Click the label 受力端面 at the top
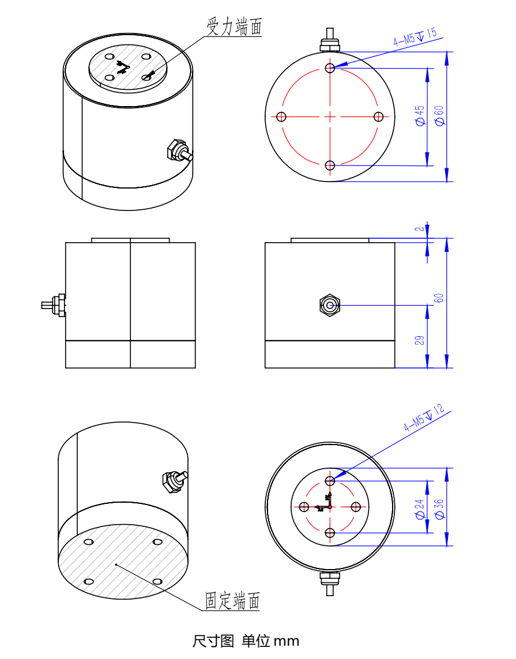point(235,26)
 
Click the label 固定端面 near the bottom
point(233,601)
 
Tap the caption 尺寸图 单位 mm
point(246,641)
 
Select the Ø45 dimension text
point(420,115)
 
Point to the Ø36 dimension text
point(439,509)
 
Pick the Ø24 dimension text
point(420,509)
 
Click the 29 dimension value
point(420,340)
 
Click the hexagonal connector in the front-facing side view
point(330,305)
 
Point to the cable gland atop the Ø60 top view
point(330,40)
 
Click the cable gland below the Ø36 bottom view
point(330,581)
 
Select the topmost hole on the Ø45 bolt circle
point(330,68)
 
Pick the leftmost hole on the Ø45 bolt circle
point(281,117)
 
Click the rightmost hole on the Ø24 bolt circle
point(356,507)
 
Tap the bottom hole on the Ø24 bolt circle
point(330,533)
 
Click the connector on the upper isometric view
point(178,151)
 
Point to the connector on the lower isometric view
point(174,480)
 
